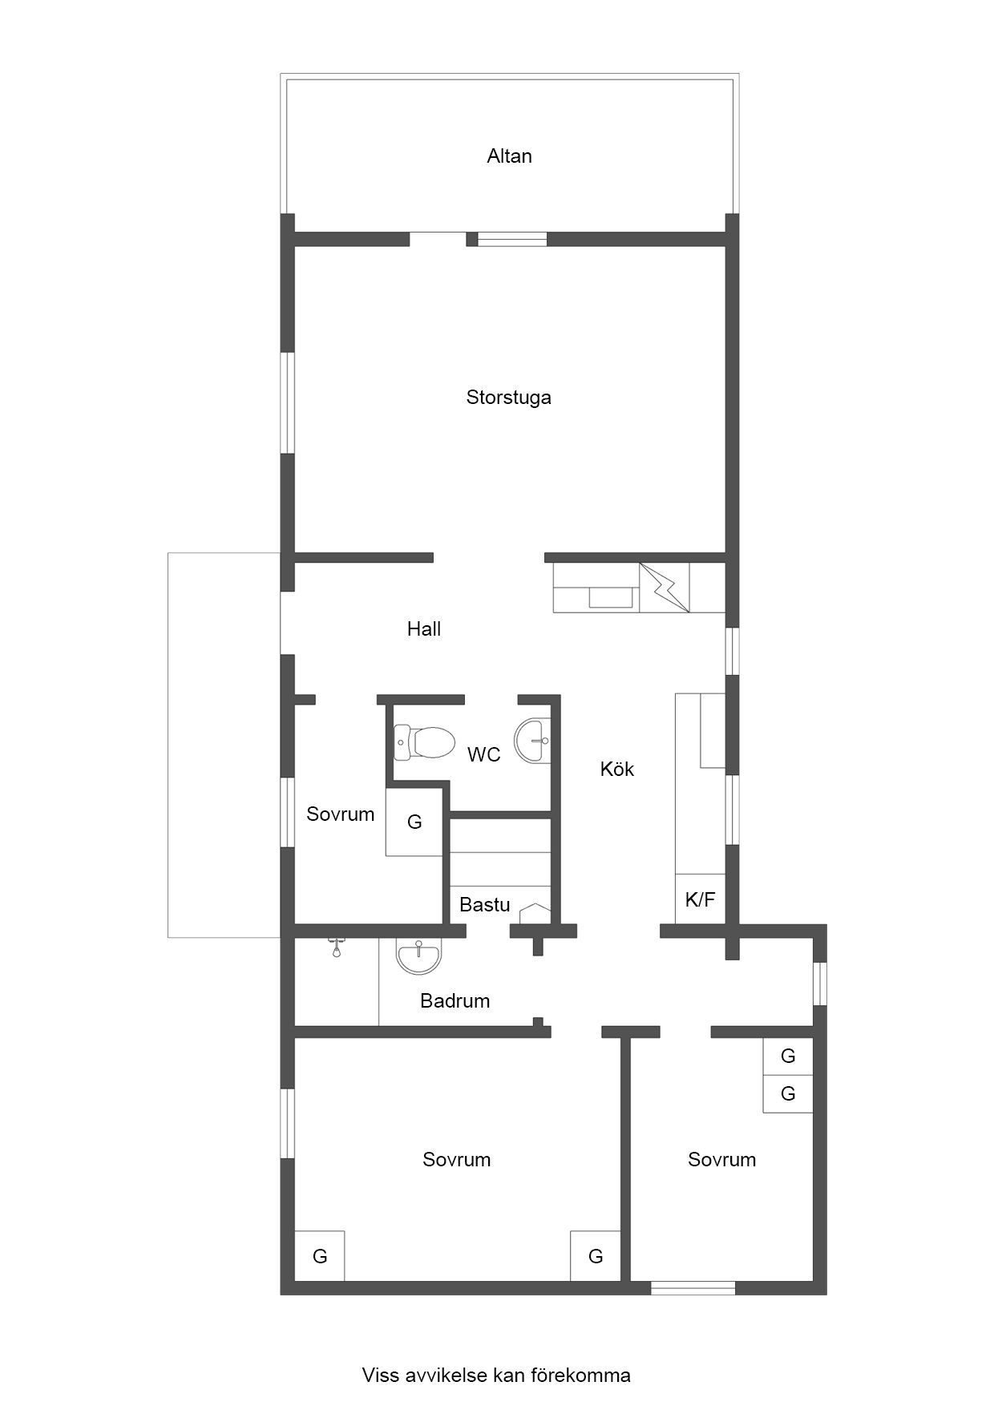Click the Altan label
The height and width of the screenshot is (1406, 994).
509,156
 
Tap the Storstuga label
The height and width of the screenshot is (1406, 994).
509,398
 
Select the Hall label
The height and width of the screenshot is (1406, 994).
424,629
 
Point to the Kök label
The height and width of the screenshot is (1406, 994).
617,770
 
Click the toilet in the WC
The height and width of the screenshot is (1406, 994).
424,742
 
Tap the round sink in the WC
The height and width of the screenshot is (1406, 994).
533,740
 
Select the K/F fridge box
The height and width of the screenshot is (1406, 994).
700,899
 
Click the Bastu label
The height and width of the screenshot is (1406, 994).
485,905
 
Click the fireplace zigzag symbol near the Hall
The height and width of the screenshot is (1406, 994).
665,588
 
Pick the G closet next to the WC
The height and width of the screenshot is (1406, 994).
414,822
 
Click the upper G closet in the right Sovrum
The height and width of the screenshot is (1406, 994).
788,1057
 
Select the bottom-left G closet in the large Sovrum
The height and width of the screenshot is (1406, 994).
320,1256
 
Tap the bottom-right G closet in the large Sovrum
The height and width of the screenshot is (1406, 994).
596,1256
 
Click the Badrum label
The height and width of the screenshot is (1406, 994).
455,1001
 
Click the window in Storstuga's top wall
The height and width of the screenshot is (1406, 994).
512,239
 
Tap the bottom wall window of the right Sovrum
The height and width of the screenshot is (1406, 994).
693,1288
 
